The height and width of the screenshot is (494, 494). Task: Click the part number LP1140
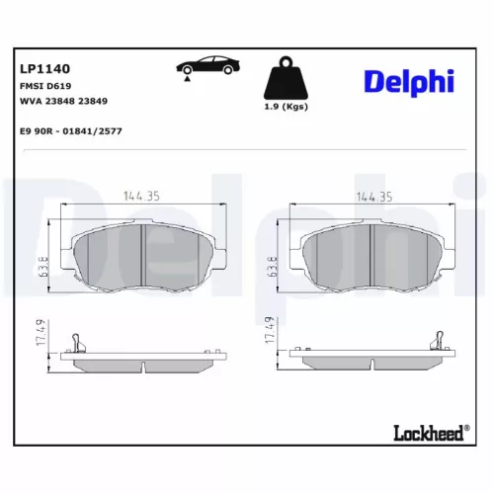[46, 70]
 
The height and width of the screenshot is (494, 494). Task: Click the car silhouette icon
[206, 68]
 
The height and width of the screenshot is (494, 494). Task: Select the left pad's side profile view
[144, 357]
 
